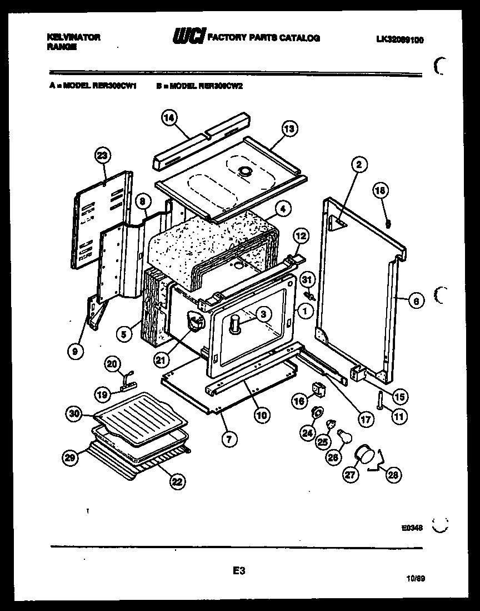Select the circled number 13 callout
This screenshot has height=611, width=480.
pos(289,129)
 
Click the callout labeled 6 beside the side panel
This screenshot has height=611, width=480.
pos(417,301)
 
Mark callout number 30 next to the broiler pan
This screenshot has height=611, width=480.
pos(75,413)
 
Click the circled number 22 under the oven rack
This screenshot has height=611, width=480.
pos(177,482)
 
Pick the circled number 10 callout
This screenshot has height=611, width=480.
pos(261,414)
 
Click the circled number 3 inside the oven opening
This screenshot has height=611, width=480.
pos(264,314)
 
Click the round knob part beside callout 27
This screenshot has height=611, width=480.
pos(364,453)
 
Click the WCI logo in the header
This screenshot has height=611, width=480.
pos(188,37)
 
